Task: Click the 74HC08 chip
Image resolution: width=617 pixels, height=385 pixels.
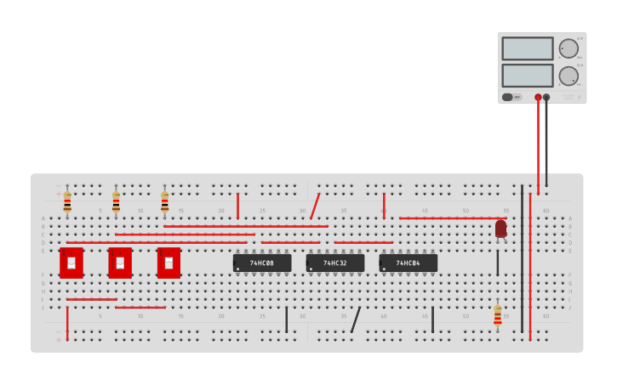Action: click(262, 263)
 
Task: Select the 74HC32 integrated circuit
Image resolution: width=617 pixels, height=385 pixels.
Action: click(335, 263)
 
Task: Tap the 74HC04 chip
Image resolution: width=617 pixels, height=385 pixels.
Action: click(408, 263)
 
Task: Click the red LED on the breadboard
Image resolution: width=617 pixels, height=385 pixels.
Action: click(500, 229)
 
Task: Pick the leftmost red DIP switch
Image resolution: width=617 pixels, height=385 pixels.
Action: click(71, 263)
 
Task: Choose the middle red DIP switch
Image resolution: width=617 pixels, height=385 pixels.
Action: click(120, 263)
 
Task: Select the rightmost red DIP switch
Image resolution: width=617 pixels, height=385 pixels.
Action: click(169, 263)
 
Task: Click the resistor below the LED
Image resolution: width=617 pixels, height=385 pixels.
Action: click(498, 316)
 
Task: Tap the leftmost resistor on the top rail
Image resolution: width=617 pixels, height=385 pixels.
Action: click(67, 202)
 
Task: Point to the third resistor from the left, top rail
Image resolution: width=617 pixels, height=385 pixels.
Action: click(164, 202)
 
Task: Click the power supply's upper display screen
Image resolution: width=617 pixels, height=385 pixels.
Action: click(528, 48)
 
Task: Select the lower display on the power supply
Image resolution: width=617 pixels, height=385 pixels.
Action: click(528, 76)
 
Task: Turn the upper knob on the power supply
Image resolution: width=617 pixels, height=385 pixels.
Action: click(568, 48)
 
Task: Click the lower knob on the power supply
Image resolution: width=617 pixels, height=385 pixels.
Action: click(568, 76)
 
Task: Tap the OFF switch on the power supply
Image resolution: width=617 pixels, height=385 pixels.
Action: click(511, 97)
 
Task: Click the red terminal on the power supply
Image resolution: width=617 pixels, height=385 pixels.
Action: click(538, 98)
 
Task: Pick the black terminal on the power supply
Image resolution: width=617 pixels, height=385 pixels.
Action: click(546, 98)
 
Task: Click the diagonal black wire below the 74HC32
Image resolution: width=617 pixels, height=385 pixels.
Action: click(356, 320)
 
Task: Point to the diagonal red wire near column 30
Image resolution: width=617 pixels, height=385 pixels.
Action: click(315, 207)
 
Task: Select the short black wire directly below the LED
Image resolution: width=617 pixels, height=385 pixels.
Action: click(498, 263)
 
